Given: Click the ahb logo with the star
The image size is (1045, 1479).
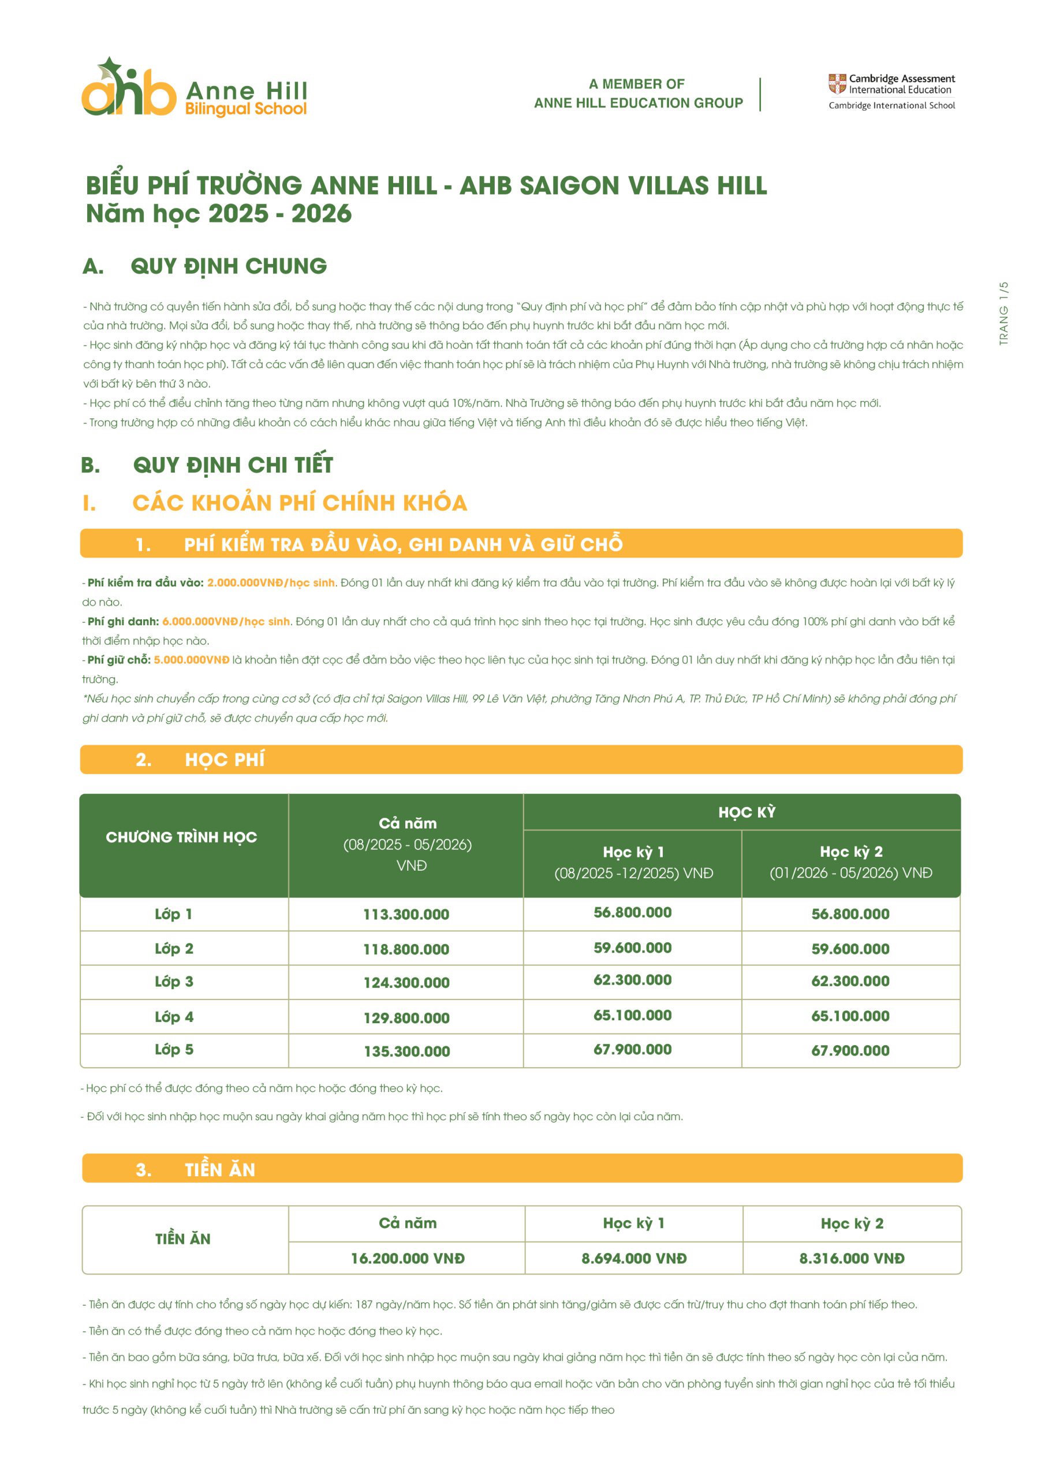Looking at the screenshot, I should point(129,88).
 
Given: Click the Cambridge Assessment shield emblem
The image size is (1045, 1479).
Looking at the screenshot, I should point(837,84).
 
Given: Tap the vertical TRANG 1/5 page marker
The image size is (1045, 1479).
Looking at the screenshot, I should point(1003,313).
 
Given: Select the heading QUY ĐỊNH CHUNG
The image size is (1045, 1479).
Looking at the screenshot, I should point(229,266).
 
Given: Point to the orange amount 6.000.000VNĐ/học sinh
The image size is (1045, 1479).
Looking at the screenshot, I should point(226,622).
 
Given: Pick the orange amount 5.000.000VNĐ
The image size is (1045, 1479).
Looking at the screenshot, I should point(191,660).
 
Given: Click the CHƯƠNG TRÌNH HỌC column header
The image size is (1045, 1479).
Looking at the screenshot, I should point(181,837).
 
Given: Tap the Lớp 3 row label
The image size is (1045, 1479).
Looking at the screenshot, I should point(174,982).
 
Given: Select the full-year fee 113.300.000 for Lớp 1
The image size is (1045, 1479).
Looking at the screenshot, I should point(406,915).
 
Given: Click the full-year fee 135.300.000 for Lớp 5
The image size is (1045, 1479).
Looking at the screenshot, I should point(407,1052).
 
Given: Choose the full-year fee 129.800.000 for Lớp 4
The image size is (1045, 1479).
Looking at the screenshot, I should point(406,1019).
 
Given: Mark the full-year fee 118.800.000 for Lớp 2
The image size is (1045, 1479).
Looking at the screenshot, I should point(406,949).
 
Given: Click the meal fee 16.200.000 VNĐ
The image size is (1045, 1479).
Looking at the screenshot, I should point(408,1259).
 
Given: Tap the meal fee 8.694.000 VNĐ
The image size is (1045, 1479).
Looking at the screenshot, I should point(633,1259).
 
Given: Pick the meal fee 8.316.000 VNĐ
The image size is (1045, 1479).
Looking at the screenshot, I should point(852,1259).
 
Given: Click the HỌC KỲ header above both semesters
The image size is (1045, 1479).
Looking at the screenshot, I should point(747,812).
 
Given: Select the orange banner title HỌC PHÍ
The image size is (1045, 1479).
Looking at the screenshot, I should point(225,760).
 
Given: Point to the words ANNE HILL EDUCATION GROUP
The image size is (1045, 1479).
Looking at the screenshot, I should point(638,103).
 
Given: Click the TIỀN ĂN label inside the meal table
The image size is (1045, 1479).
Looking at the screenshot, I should point(183,1239).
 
